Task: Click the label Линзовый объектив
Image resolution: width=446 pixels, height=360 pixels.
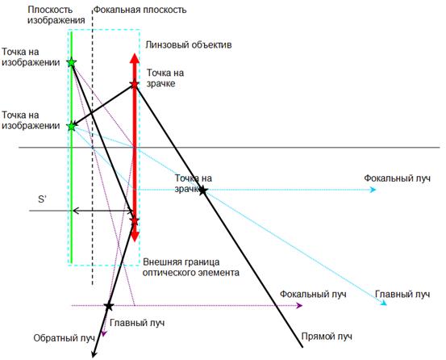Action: click(x=188, y=45)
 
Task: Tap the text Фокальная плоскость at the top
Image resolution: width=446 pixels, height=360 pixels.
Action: click(x=140, y=10)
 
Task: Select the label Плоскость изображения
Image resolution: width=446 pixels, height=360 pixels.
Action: click(x=56, y=15)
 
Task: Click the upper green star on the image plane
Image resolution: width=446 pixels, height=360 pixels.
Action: click(x=72, y=62)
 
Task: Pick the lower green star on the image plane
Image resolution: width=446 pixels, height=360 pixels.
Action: click(x=72, y=126)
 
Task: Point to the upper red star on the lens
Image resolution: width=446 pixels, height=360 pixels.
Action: click(x=134, y=84)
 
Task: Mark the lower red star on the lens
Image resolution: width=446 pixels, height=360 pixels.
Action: click(x=134, y=221)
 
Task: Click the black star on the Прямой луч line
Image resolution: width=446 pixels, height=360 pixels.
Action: click(x=202, y=190)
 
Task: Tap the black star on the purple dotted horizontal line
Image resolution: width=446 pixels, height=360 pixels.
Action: click(x=109, y=306)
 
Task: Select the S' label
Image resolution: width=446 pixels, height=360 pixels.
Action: click(x=43, y=199)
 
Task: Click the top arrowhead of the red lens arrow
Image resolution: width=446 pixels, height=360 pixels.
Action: click(x=134, y=58)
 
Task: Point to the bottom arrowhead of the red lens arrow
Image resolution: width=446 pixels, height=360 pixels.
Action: click(x=135, y=237)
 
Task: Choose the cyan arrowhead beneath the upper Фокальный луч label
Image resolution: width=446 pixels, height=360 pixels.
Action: click(x=373, y=190)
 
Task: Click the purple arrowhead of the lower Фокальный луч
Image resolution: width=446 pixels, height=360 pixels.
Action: click(x=299, y=306)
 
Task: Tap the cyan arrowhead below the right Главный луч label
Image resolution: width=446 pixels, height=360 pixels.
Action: click(x=384, y=303)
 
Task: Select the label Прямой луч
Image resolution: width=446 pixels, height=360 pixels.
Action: click(x=327, y=337)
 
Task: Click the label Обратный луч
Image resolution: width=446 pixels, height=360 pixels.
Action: click(x=64, y=338)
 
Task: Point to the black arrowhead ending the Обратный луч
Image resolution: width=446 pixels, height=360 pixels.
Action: click(x=94, y=354)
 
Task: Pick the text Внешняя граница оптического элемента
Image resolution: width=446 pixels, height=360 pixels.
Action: click(x=191, y=267)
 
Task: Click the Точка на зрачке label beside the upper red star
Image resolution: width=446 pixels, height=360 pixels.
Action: click(x=165, y=78)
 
